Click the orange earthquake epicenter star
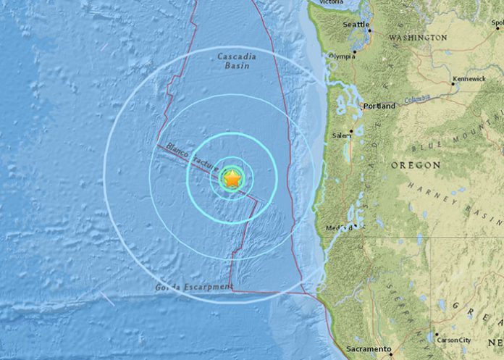point(231,179)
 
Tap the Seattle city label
point(356,24)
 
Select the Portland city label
point(380,106)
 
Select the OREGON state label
point(416,166)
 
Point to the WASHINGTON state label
point(419,37)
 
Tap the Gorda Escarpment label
point(193,288)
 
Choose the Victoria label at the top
point(330,3)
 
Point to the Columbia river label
point(418,99)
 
